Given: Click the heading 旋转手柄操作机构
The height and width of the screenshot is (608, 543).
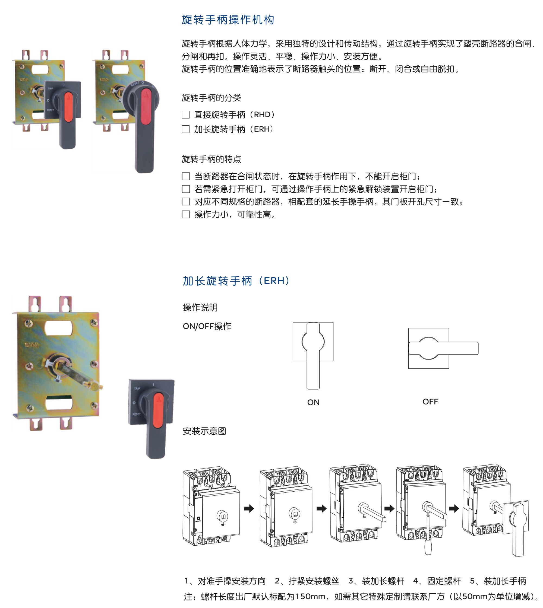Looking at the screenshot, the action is pyautogui.click(x=228, y=20).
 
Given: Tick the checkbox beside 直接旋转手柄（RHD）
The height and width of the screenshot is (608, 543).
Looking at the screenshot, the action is pyautogui.click(x=186, y=114).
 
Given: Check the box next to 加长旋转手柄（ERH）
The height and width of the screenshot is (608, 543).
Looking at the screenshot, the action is pyautogui.click(x=186, y=129).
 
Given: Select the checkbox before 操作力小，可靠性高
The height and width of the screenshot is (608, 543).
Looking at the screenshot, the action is pyautogui.click(x=186, y=214).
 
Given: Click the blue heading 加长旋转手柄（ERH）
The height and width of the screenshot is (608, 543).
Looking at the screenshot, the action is pyautogui.click(x=236, y=281).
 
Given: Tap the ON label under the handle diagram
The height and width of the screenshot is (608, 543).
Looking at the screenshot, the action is pyautogui.click(x=313, y=402).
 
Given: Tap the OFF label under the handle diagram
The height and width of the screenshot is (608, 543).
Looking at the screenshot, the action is pyautogui.click(x=430, y=402).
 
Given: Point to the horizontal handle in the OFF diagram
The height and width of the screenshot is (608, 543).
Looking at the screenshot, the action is pyautogui.click(x=443, y=348).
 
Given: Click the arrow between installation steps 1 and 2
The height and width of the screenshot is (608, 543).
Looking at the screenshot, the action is pyautogui.click(x=249, y=508).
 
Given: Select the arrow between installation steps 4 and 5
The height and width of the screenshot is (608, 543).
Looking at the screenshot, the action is pyautogui.click(x=454, y=508).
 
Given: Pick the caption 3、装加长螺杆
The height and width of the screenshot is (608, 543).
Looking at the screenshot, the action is pyautogui.click(x=376, y=581).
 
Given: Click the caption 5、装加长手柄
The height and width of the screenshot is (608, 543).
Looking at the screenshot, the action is pyautogui.click(x=498, y=581).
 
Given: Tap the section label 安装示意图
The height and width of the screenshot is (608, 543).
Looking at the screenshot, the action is pyautogui.click(x=204, y=431).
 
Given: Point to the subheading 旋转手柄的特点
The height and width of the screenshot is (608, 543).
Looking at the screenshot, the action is pyautogui.click(x=211, y=159).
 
